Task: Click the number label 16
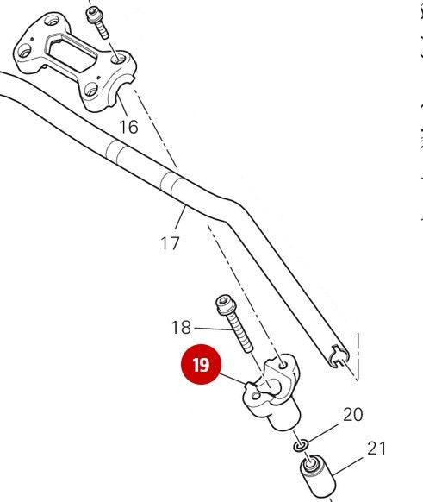point(128,128)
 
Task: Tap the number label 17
point(170,243)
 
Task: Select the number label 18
point(181,328)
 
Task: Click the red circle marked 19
point(201,365)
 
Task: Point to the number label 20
point(353,415)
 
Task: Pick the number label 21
point(376,449)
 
